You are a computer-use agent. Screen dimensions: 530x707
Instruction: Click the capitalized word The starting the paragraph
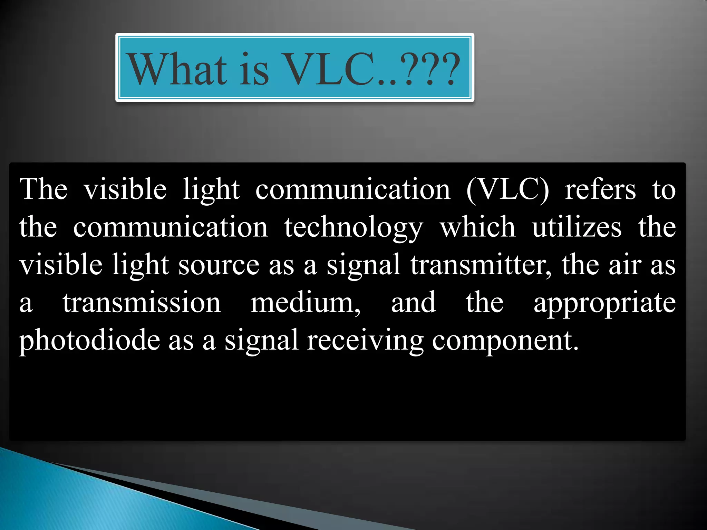(43, 189)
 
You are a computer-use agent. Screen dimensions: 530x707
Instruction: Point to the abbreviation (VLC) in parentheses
(507, 190)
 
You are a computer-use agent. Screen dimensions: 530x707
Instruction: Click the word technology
(353, 228)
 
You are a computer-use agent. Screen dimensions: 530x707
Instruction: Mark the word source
(219, 265)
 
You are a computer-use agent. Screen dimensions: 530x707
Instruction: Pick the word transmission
(142, 302)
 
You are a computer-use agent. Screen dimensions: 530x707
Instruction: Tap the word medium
(305, 302)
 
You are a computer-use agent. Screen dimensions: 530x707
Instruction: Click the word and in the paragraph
(413, 302)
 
